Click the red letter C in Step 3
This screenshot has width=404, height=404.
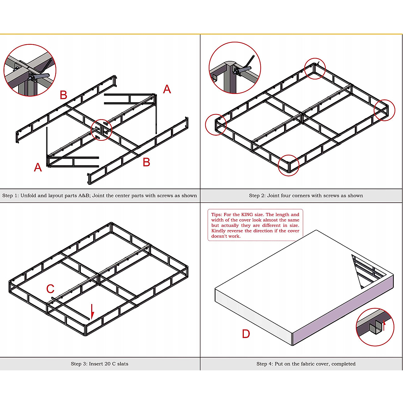pos(50,289)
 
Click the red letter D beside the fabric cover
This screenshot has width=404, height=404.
pos(246,334)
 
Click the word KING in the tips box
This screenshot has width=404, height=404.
pos(247,214)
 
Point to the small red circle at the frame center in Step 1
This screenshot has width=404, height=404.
pos(101,130)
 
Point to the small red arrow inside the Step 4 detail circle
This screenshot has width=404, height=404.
pos(384,325)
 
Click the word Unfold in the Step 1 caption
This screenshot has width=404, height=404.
pos(28,196)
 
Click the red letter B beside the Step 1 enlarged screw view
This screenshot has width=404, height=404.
pos(63,95)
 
